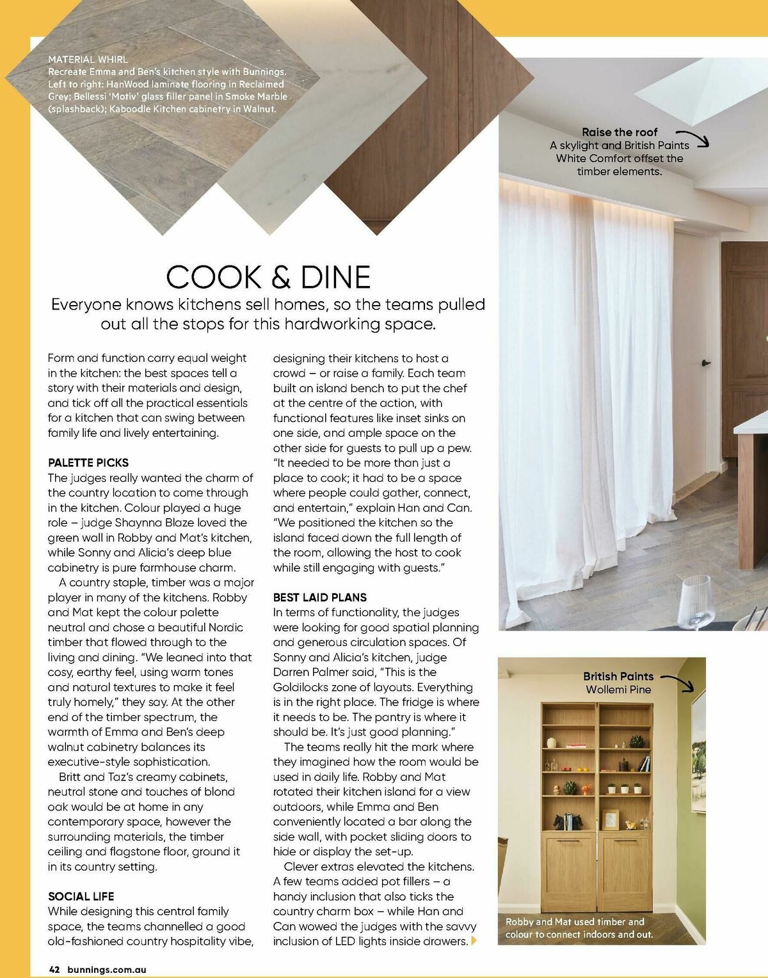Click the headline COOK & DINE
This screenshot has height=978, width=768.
[x=268, y=277]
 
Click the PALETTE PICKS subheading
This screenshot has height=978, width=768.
[x=88, y=462]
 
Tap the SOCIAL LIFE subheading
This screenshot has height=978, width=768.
[x=81, y=896]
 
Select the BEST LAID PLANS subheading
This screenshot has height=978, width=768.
[x=320, y=597]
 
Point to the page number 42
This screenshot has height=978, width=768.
[x=54, y=970]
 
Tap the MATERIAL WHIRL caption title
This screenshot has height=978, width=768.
[x=88, y=59]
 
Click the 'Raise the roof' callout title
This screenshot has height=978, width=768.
[x=620, y=132]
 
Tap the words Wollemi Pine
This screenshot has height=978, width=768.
[x=618, y=690]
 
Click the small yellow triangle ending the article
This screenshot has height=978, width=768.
[x=474, y=941]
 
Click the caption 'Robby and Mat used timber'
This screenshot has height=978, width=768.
[x=575, y=922]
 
